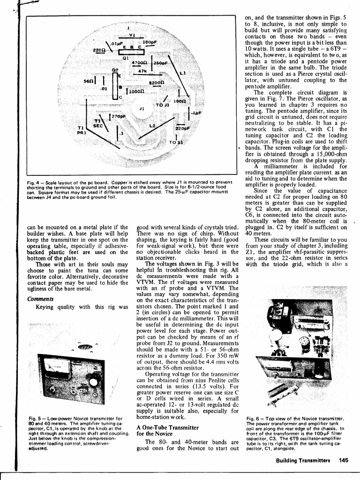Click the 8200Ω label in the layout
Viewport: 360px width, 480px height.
click(156, 82)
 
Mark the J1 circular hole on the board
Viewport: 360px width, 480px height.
click(141, 109)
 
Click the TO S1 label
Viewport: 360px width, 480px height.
click(175, 142)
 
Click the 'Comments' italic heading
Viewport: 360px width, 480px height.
click(37, 299)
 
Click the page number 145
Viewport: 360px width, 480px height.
click(344, 460)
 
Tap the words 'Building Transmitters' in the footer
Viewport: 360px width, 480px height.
click(303, 460)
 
